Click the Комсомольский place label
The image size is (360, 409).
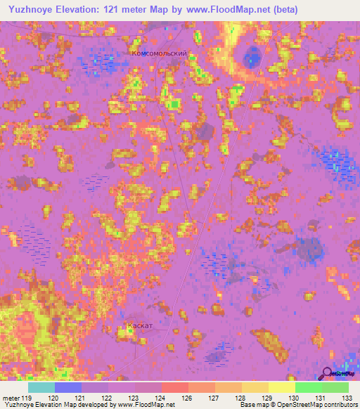coord(160,53)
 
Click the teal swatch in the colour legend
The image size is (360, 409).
coord(41,387)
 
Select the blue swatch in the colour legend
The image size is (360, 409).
coord(68,387)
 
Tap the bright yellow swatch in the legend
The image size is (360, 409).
coord(281,387)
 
